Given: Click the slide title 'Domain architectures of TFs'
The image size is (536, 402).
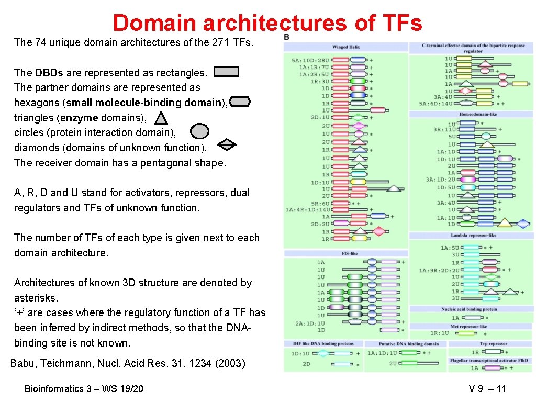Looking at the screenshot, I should pyautogui.click(x=267, y=23).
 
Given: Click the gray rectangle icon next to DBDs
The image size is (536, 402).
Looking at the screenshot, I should pyautogui.click(x=227, y=72).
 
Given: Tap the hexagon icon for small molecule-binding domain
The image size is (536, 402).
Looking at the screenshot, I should pyautogui.click(x=240, y=102).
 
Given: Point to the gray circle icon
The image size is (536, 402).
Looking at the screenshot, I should pyautogui.click(x=199, y=131).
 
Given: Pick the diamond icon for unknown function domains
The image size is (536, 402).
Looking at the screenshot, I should pyautogui.click(x=227, y=144).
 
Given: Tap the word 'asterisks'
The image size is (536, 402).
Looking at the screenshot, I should pyautogui.click(x=36, y=298).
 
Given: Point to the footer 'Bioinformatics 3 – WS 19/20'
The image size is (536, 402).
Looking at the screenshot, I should pyautogui.click(x=84, y=388).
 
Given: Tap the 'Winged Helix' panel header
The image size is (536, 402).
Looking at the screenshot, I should pyautogui.click(x=346, y=47).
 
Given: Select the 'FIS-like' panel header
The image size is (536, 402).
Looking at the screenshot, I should pyautogui.click(x=349, y=253).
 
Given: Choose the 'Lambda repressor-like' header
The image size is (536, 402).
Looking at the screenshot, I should pyautogui.click(x=474, y=235).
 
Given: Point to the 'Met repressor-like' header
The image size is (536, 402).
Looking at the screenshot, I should pyautogui.click(x=472, y=326).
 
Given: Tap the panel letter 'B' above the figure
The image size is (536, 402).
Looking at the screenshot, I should pyautogui.click(x=287, y=37).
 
